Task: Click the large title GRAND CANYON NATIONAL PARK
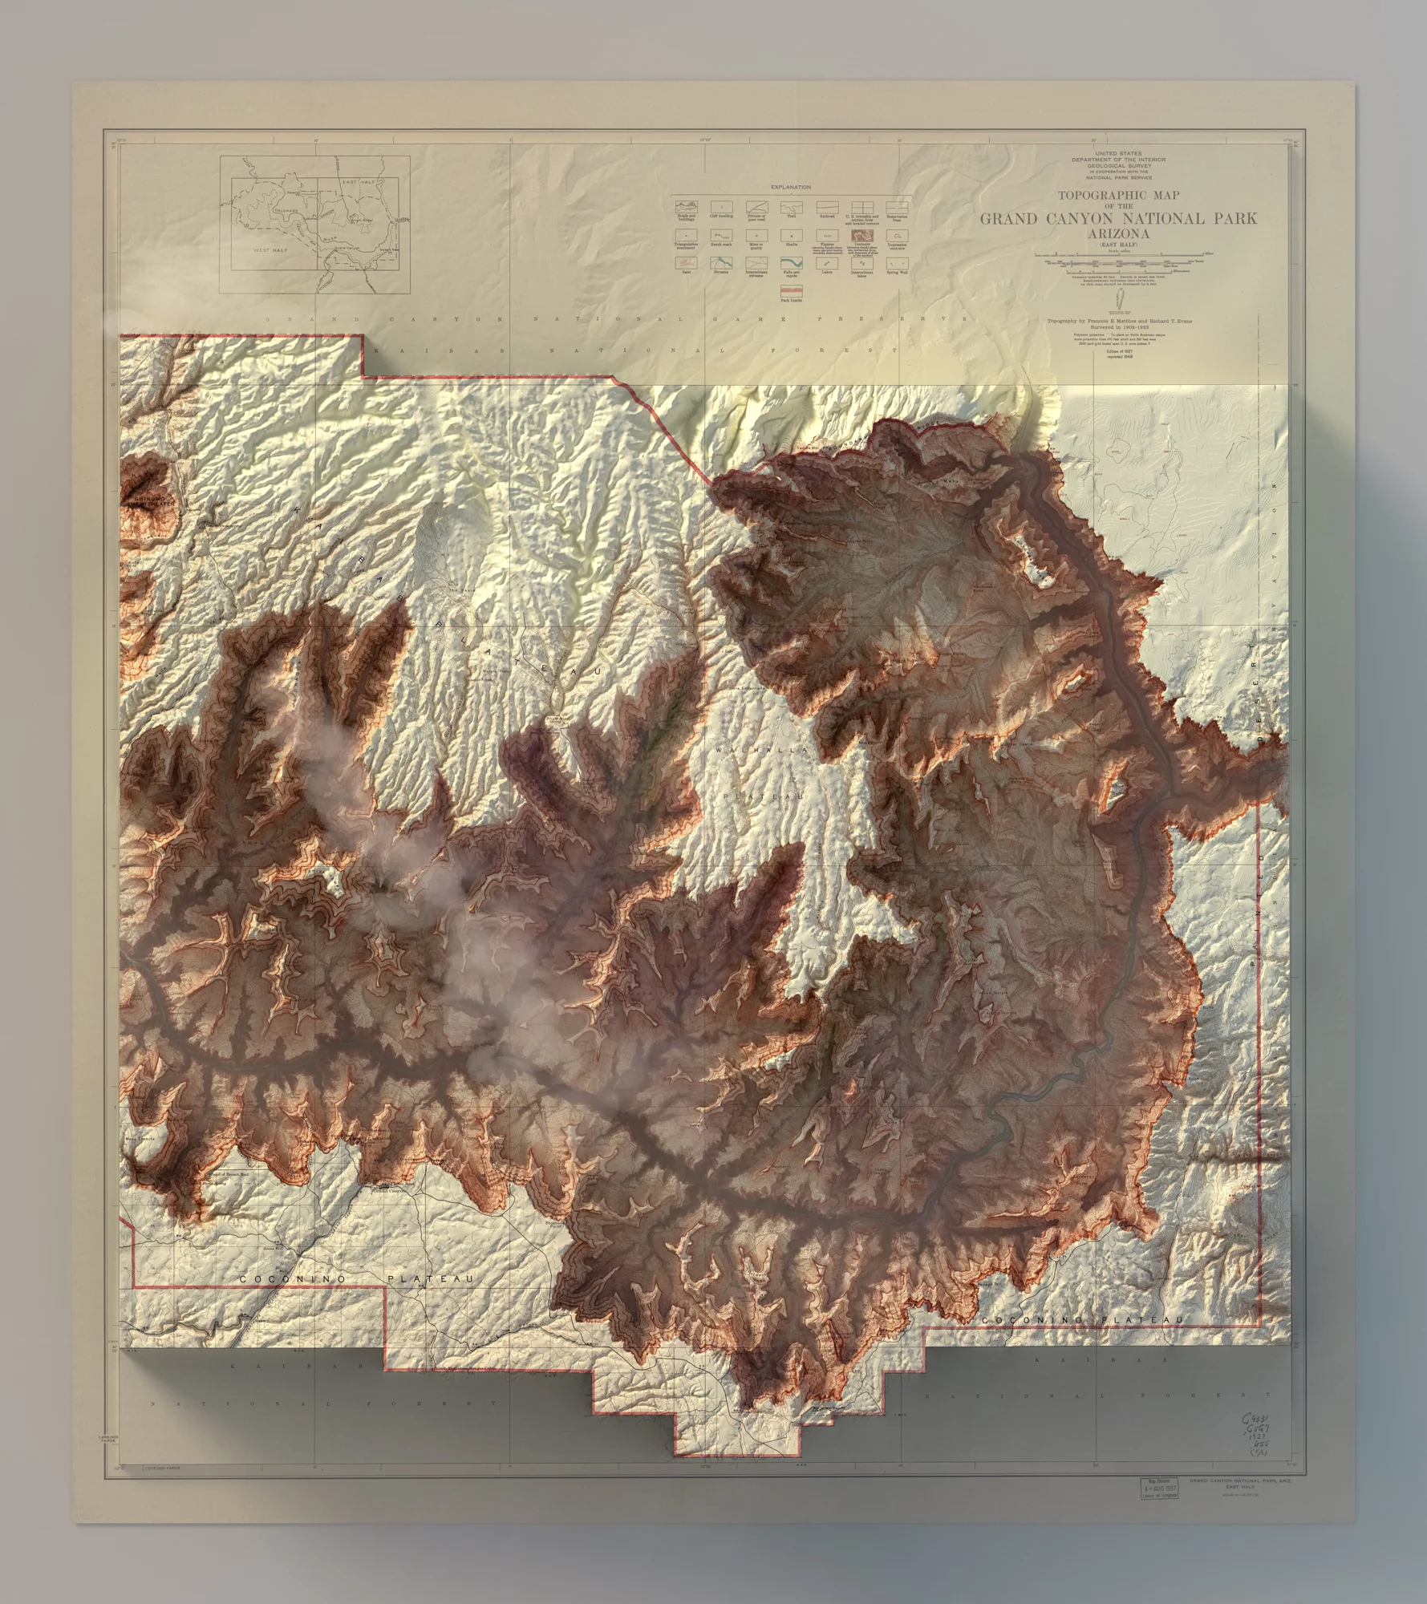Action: [1117, 218]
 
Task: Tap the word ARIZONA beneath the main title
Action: [1117, 233]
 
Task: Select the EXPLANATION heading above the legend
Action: [790, 187]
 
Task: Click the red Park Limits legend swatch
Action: [790, 287]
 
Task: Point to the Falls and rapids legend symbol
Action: [790, 262]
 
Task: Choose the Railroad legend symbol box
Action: [826, 207]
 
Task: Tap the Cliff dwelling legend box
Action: [720, 207]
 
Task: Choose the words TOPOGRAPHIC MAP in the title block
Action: [1118, 195]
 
